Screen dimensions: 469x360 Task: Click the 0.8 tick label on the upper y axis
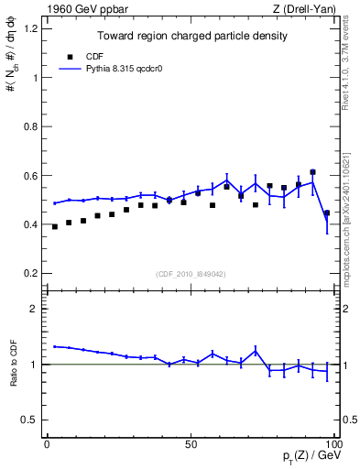pos(30,126)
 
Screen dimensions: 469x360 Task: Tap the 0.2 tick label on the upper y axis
pos(30,273)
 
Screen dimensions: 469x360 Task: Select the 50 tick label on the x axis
pos(191,443)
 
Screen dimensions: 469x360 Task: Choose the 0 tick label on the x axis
pos(47,443)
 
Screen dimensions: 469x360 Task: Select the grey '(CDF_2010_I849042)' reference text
pos(191,274)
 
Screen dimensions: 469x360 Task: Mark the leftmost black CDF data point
pos(55,226)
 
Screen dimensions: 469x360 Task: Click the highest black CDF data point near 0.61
pos(312,172)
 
